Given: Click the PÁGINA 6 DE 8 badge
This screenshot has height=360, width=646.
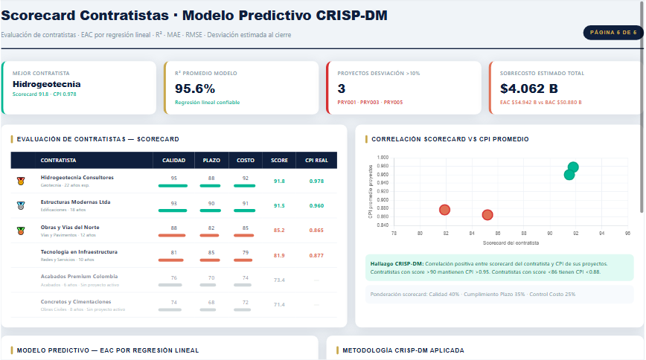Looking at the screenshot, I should point(613,33).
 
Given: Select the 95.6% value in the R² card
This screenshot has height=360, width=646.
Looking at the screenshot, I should point(195,88).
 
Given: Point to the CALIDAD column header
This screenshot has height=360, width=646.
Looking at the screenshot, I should point(173,161).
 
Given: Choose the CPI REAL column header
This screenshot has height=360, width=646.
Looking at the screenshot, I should point(316,161).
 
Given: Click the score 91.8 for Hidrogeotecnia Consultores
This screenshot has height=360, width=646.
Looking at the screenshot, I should point(279,181).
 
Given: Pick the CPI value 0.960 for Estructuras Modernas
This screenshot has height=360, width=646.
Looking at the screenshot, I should point(316,205).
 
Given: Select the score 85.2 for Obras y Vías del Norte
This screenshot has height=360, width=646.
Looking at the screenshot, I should point(279,230).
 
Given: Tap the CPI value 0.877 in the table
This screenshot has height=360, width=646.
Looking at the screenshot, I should point(316,255).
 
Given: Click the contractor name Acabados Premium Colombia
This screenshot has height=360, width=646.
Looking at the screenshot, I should point(79,276).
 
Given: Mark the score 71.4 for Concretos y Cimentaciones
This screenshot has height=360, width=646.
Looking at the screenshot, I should point(279,304).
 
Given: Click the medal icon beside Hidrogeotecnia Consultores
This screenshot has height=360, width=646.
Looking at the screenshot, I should point(21,181).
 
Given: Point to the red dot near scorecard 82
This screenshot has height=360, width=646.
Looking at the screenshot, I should point(445,210).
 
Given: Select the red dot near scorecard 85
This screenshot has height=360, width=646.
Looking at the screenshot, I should point(487,215).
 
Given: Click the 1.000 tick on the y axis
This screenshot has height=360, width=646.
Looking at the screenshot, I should point(383,158).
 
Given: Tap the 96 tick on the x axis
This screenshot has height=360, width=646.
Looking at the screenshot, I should point(627,234).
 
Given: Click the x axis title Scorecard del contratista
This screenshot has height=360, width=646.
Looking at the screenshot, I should point(511,243).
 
